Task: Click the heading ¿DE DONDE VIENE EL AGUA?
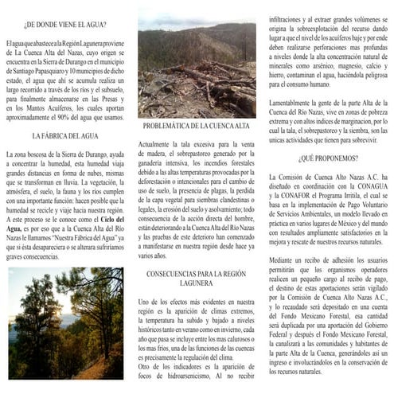tap(64, 23)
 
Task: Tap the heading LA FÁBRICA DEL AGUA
tap(64, 137)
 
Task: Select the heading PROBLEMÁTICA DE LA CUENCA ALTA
tap(197, 127)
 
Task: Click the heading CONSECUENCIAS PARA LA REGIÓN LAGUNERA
tap(197, 279)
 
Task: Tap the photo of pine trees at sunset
tap(65, 323)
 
